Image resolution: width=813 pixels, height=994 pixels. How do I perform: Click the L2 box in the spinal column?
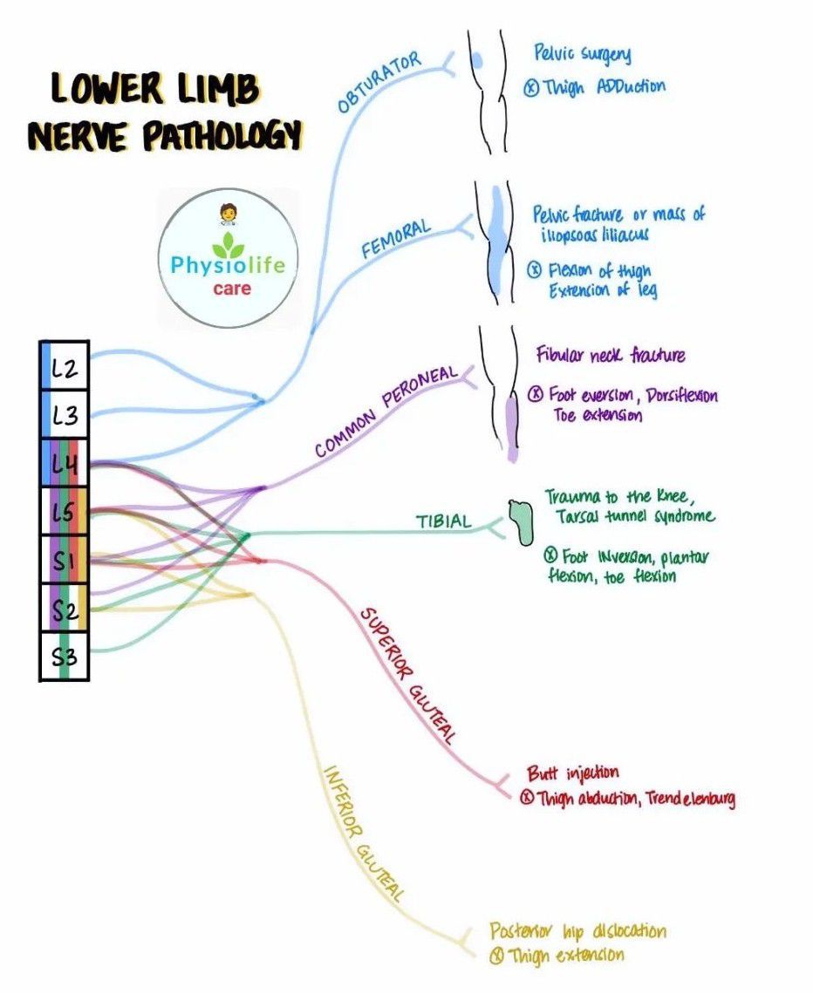tap(64, 368)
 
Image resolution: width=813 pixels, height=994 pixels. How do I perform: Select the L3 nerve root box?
tap(64, 416)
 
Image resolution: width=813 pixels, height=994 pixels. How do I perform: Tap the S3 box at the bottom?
tap(64, 657)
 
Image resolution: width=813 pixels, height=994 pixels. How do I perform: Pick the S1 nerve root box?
tap(64, 561)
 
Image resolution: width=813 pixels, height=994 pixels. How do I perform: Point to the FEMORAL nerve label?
tap(397, 239)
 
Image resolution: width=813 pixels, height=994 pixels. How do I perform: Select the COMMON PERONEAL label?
tap(386, 411)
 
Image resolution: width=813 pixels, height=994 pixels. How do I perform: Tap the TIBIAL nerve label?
tap(443, 521)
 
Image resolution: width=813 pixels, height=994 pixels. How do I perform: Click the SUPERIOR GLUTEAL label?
tap(408, 675)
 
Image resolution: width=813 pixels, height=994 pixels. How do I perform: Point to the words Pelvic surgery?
tap(582, 54)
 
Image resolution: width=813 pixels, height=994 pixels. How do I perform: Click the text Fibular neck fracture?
tap(611, 355)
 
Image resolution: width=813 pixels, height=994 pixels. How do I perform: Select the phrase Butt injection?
tap(572, 773)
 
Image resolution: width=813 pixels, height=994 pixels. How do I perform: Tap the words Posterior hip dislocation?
tap(577, 931)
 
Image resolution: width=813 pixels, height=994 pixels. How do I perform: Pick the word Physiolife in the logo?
tap(222, 262)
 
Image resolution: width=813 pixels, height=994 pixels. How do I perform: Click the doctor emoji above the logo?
tap(227, 213)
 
